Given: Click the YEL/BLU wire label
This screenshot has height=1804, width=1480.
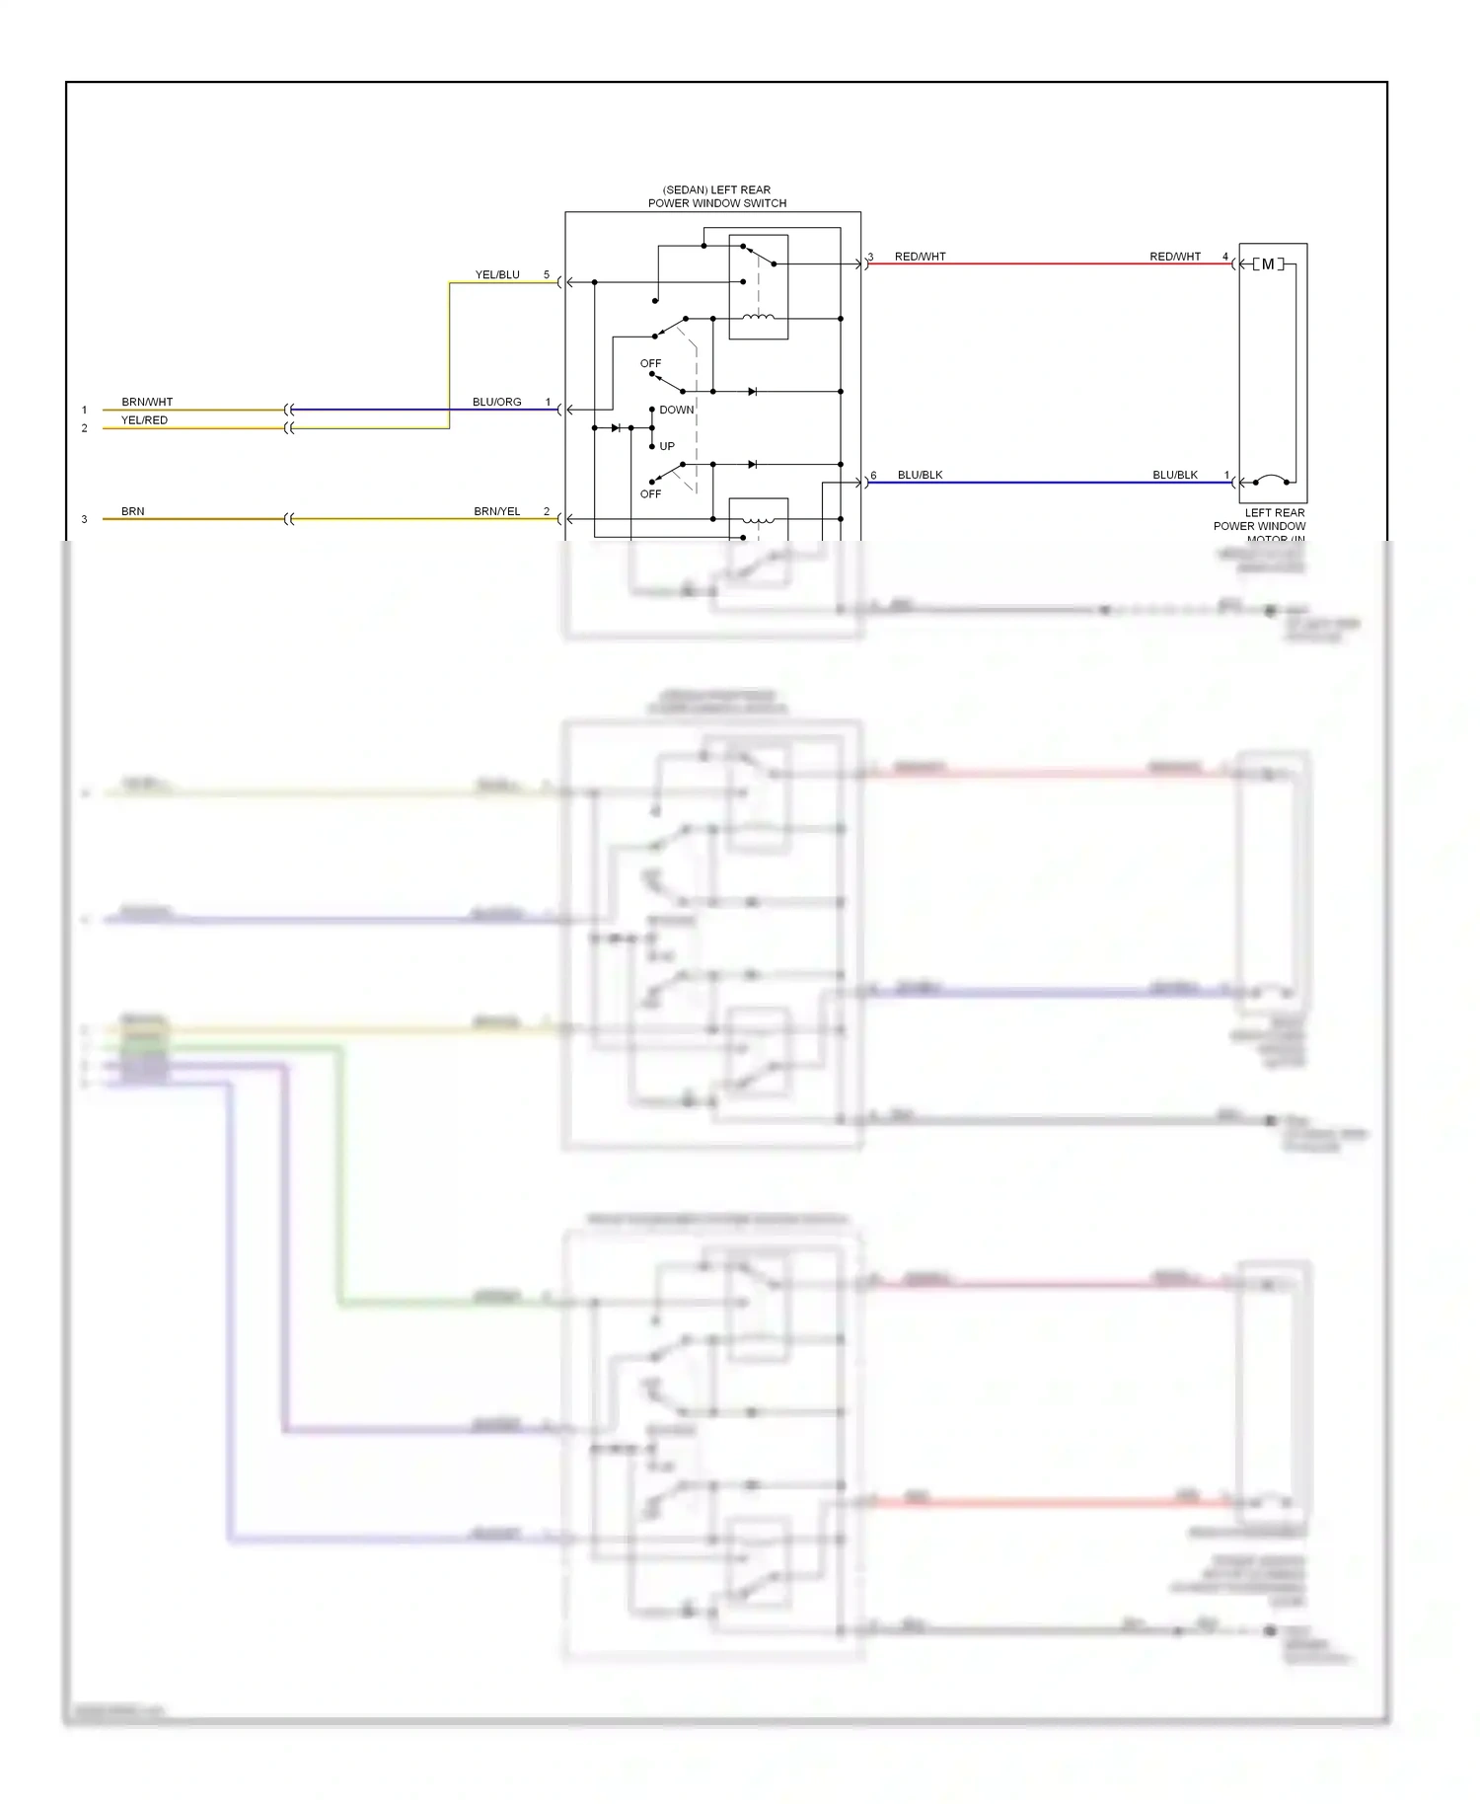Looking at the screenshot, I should tap(497, 274).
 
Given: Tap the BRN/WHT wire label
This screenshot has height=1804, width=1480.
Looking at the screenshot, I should tap(147, 402).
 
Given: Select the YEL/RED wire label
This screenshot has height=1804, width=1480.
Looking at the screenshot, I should tap(144, 420).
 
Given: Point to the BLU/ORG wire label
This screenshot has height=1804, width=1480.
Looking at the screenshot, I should tap(496, 402).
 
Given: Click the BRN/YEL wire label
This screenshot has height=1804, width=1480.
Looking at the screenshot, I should tap(496, 511).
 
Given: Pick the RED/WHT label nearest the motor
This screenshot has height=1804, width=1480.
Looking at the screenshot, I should tap(1175, 257).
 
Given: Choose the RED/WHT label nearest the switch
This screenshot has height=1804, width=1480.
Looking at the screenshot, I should tap(920, 257).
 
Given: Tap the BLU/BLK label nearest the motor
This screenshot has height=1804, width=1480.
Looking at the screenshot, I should tap(1175, 475).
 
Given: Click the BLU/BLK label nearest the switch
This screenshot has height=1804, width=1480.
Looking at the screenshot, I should tap(920, 475).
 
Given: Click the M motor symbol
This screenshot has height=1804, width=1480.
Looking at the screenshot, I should tap(1268, 264).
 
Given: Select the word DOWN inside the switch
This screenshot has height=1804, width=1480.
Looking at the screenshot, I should tap(677, 410).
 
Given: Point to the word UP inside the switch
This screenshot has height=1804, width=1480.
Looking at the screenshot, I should tap(667, 446).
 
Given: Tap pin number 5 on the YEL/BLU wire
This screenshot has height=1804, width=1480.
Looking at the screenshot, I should tap(547, 274).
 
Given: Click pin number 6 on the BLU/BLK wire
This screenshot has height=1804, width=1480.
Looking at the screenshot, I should tap(873, 476).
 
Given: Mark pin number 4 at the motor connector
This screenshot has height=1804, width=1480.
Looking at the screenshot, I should tap(1225, 257).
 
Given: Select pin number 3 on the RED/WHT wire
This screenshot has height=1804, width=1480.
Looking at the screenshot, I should tap(870, 258).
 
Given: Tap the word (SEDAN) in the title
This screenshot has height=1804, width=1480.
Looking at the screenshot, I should tap(683, 189).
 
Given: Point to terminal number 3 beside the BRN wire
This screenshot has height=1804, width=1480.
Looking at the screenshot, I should tap(84, 519).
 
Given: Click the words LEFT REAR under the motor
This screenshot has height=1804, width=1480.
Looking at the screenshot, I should tap(1274, 512).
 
